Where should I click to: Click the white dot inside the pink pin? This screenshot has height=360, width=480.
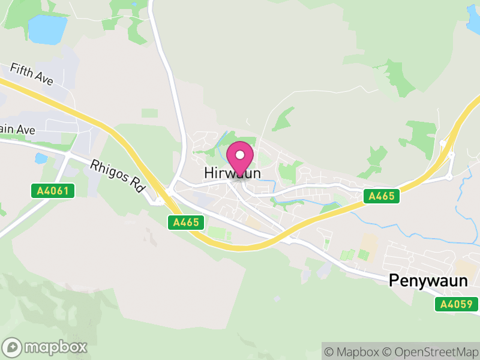[x=240, y=155]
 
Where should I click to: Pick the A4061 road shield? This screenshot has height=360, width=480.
[x=53, y=191]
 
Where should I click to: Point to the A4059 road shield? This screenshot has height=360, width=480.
[x=457, y=304]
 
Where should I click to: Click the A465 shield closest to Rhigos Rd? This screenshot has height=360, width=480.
[x=186, y=222]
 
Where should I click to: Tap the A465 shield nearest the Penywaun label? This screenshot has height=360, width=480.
[x=382, y=196]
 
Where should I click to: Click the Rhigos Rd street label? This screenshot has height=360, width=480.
[x=118, y=175]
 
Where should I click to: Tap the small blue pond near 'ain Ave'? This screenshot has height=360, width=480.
[x=41, y=158]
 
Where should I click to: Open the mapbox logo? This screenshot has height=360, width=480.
[x=46, y=347]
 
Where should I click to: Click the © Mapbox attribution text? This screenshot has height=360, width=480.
[x=352, y=351]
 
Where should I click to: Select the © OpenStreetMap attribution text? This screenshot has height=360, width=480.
[x=430, y=351]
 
